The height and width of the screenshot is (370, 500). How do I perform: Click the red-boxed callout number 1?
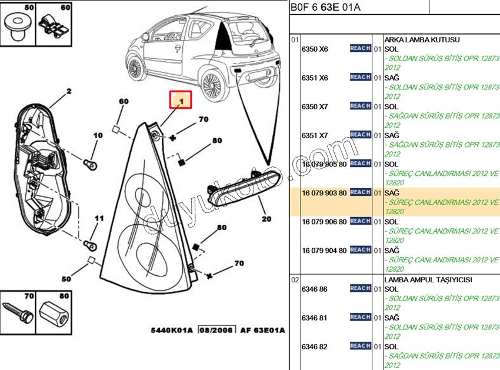(x=181, y=101)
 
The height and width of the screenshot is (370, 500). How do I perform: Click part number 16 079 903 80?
(x=324, y=192)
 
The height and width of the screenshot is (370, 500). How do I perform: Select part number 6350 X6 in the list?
(x=315, y=49)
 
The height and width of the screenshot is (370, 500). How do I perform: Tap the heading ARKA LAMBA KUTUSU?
(x=421, y=40)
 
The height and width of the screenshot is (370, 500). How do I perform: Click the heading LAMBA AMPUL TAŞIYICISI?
(x=428, y=280)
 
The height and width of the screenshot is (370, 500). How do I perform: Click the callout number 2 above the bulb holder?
(x=68, y=91)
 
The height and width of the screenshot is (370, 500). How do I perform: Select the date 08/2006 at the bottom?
(x=215, y=330)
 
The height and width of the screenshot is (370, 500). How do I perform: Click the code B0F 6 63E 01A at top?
(x=325, y=7)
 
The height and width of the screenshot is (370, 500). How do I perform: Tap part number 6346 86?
(x=314, y=289)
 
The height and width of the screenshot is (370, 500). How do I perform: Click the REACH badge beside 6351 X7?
(x=360, y=135)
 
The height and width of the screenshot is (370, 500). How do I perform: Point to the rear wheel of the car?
(x=212, y=85)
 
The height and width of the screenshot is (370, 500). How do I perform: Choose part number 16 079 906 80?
(x=324, y=221)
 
